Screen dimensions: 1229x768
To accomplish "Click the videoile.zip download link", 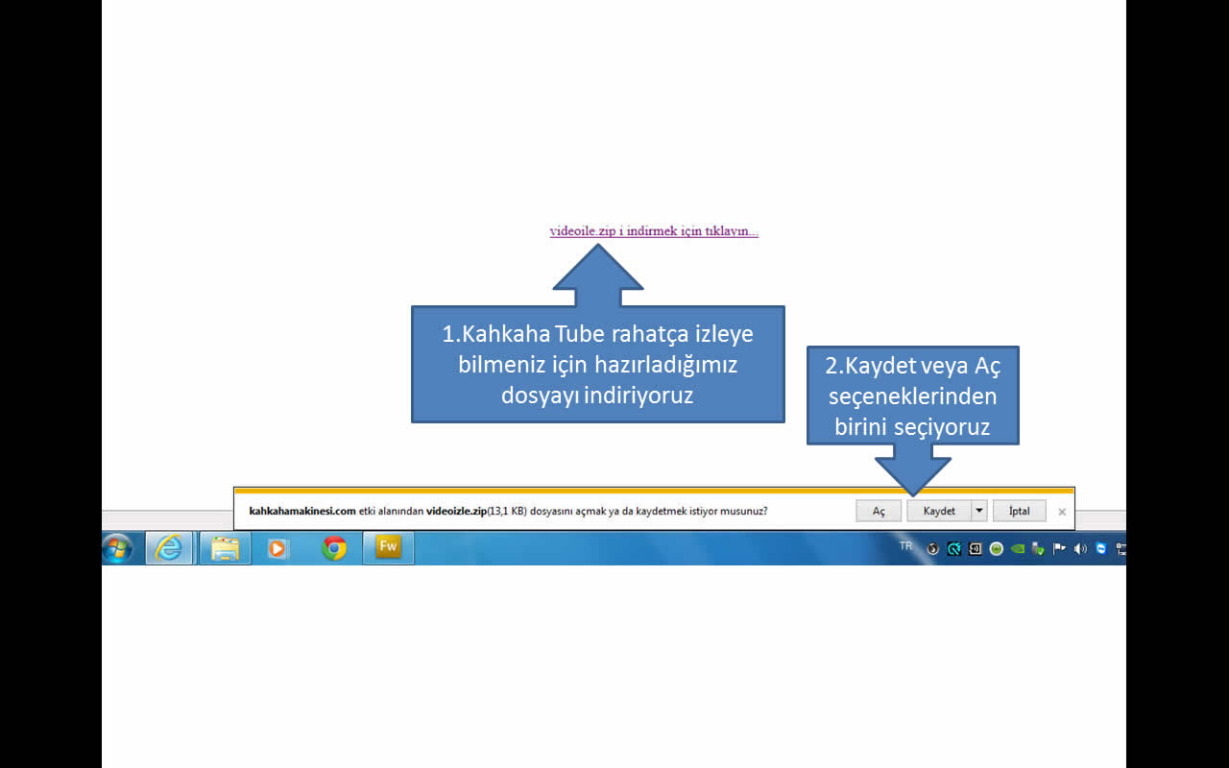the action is pos(654,231).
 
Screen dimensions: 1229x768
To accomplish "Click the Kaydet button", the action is pos(939,511).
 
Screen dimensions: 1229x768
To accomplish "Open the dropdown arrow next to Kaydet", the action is pos(979,511).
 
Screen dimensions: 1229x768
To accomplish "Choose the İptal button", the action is pos(1019,511).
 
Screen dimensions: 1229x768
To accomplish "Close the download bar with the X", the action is pos(1062,512).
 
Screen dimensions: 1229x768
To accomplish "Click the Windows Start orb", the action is pos(117,548).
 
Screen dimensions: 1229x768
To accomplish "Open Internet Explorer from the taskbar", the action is pos(169,547).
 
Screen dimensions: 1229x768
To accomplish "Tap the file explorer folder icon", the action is pos(225,548).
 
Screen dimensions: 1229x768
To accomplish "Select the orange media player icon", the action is pos(277,548).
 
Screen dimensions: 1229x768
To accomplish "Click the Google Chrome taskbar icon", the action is pos(333,548).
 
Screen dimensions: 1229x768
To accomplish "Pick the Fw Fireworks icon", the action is pos(388,547).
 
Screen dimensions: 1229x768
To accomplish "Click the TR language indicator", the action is pos(905,546).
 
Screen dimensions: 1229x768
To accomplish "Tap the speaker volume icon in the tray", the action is pos(1080,548).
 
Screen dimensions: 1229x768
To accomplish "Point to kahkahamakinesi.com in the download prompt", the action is pos(302,511).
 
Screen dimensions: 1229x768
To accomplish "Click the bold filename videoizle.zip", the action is pos(456,511).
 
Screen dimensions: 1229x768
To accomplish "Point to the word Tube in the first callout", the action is pos(579,333).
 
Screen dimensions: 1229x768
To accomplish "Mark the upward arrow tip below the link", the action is pos(598,244).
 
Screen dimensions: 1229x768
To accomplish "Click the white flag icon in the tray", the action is pos(1059,548).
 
